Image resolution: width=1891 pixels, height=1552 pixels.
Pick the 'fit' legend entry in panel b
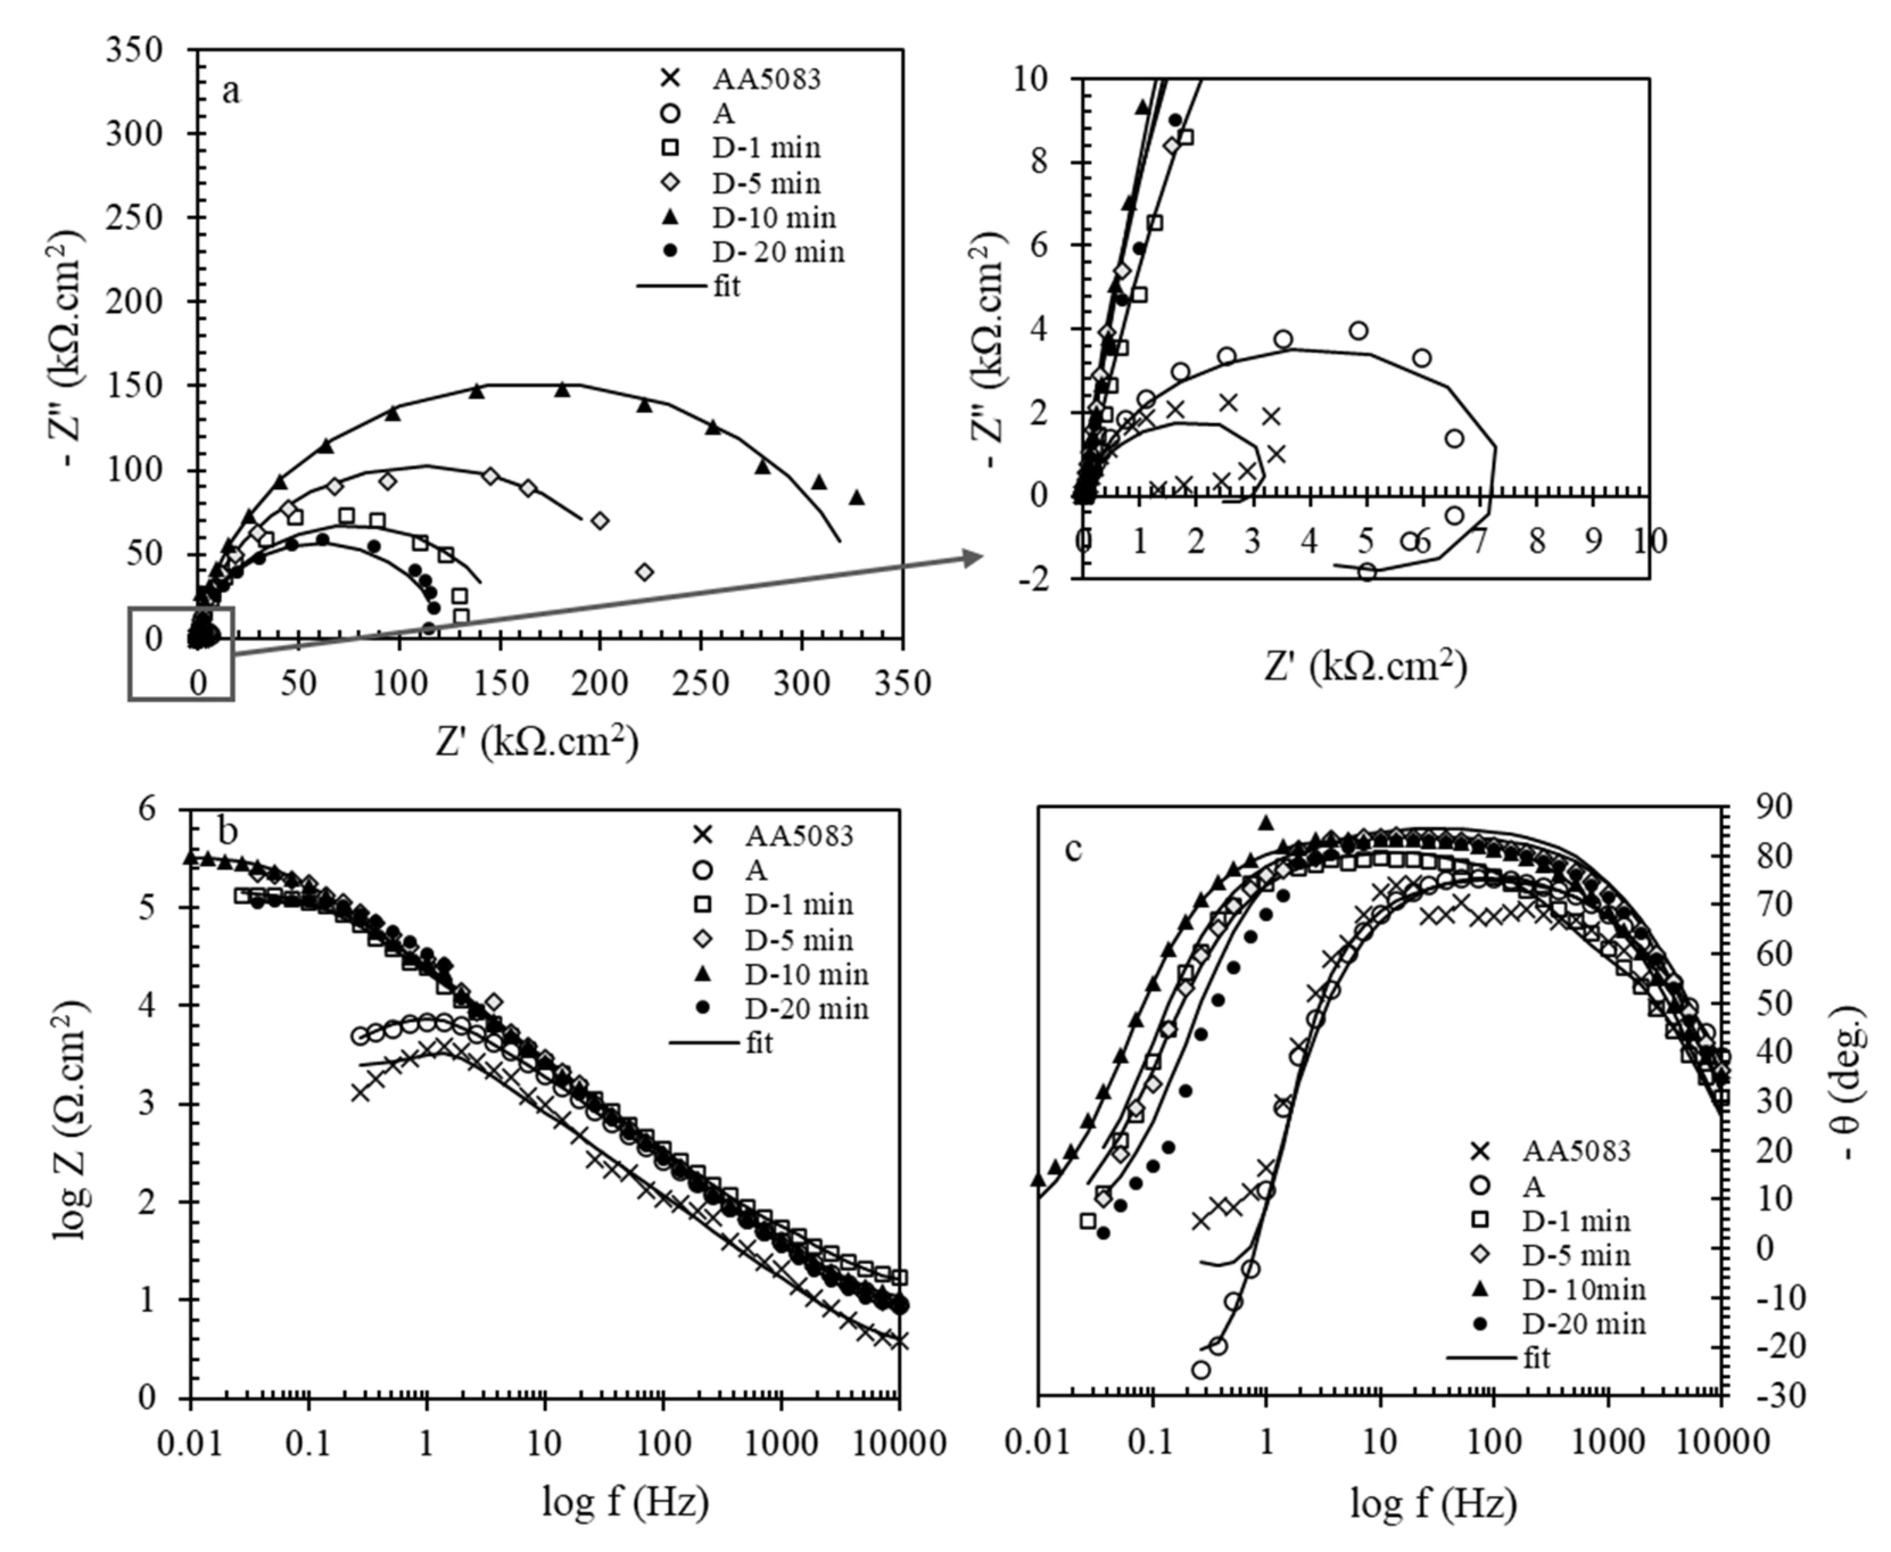click(758, 1042)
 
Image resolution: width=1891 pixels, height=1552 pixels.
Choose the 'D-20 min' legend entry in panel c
click(1583, 1323)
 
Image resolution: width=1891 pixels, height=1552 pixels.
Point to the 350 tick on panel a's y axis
click(134, 49)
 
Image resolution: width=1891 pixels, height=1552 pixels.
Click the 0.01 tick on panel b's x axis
click(191, 1442)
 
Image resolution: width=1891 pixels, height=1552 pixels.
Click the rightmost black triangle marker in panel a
click(857, 498)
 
